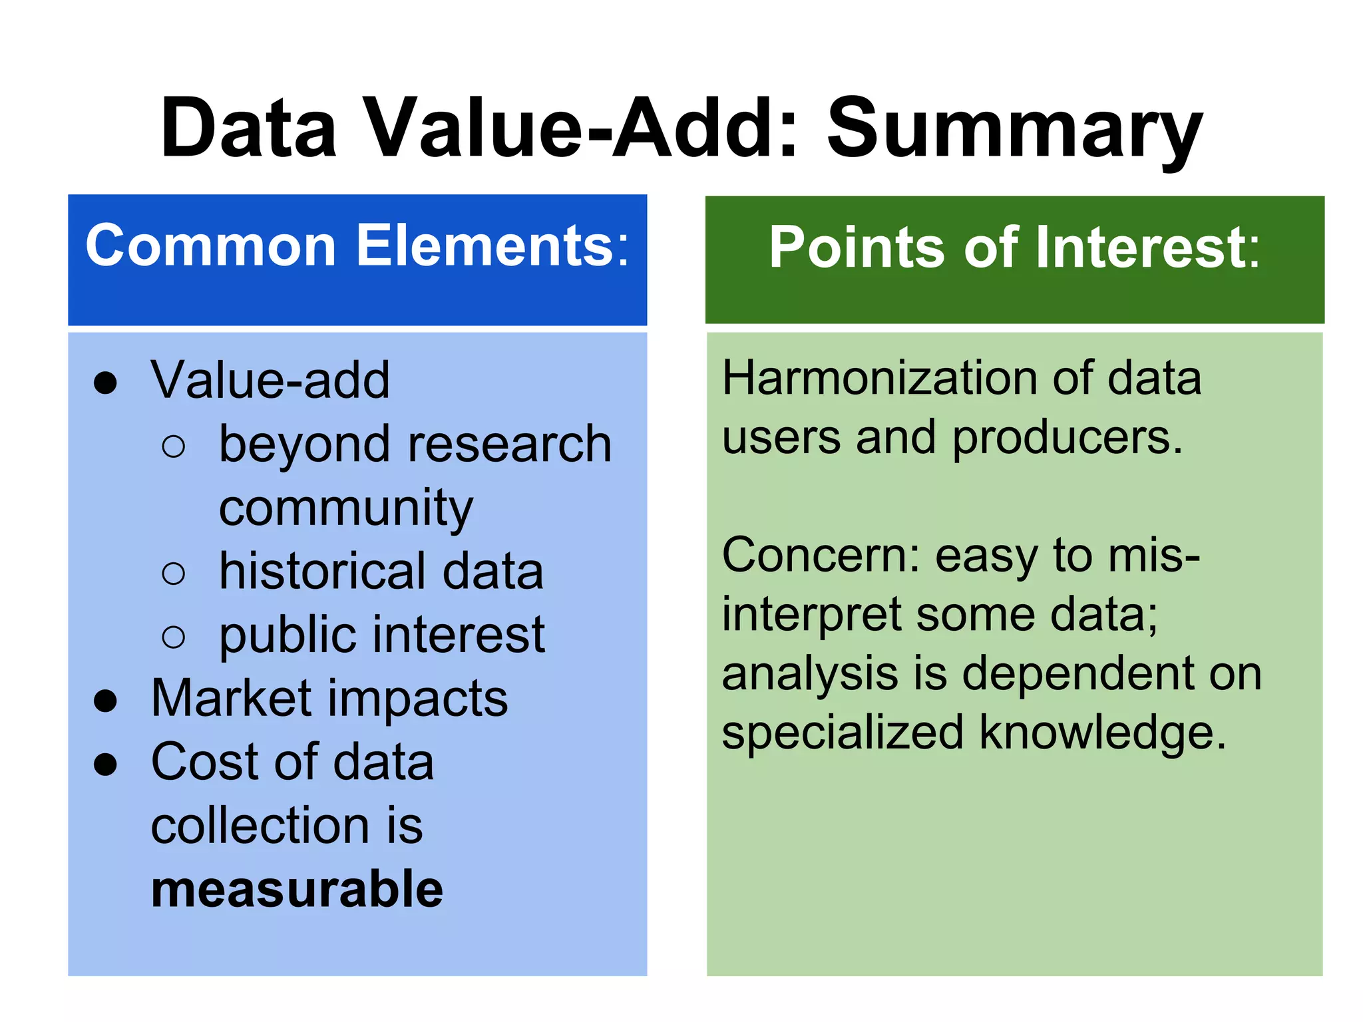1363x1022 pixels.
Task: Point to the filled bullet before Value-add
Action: tap(106, 383)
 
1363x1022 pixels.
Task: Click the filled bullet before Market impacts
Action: tap(106, 701)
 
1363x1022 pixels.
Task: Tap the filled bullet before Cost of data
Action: tap(106, 765)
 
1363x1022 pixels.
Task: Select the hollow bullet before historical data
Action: tap(173, 574)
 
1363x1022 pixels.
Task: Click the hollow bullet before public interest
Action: tap(173, 637)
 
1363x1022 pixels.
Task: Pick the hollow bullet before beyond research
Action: tap(173, 446)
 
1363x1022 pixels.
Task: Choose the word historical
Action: tap(323, 572)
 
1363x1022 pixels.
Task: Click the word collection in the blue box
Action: tap(260, 826)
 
